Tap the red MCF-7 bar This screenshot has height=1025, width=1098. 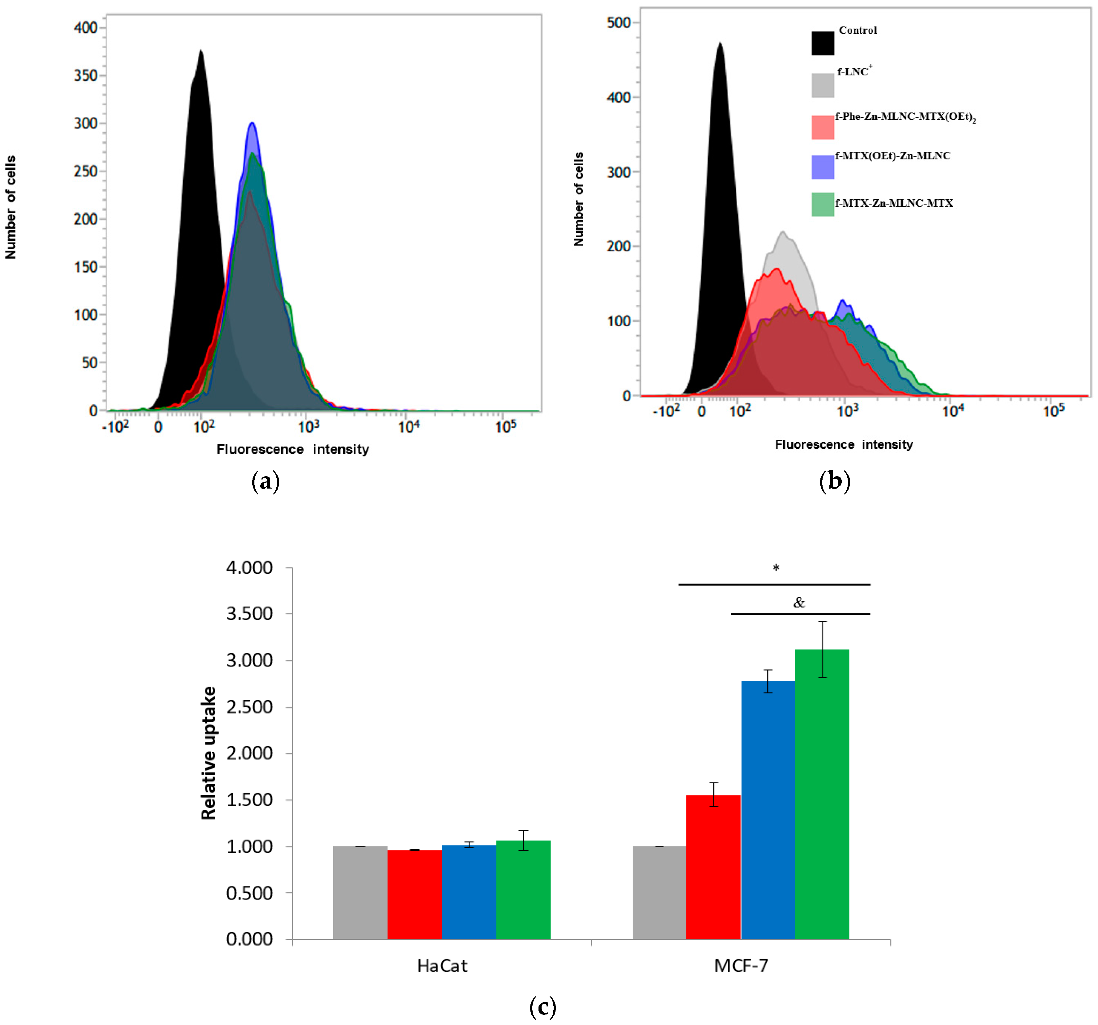pyautogui.click(x=713, y=867)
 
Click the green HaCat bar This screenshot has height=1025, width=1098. pyautogui.click(x=523, y=890)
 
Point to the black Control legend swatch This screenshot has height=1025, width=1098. pyautogui.click(x=822, y=43)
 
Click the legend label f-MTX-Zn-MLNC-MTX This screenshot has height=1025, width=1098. pyautogui.click(x=894, y=203)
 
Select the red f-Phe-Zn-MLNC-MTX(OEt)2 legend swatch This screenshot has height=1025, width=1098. pyautogui.click(x=822, y=127)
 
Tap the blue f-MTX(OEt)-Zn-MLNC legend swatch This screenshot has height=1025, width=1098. pyautogui.click(x=822, y=167)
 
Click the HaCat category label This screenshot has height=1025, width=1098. pyautogui.click(x=442, y=966)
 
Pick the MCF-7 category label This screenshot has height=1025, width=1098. pyautogui.click(x=741, y=966)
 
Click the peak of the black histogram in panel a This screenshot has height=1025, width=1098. pyautogui.click(x=201, y=51)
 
